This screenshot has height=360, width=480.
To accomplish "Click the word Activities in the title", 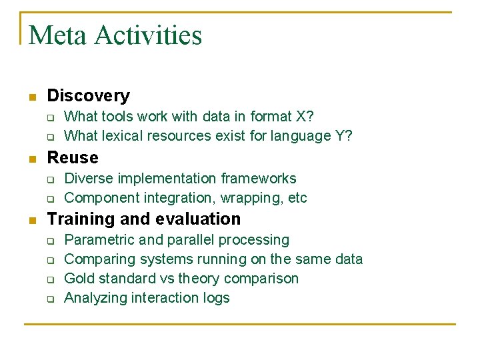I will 148,35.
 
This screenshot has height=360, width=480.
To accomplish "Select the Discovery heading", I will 88,96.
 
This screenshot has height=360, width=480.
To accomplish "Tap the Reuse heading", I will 73,158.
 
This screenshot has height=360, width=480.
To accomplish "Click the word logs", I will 216,298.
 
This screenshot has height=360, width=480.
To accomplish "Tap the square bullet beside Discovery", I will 31,97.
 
